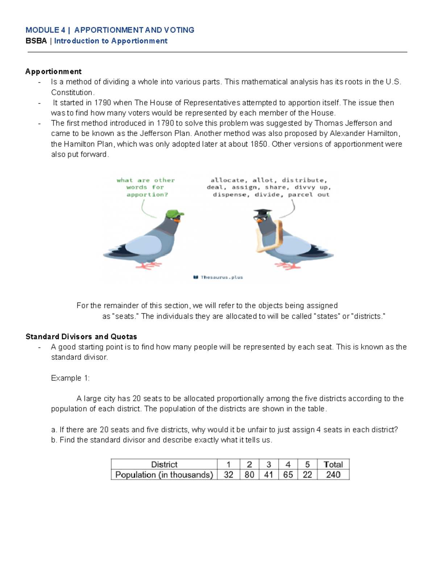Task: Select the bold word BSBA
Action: coord(36,41)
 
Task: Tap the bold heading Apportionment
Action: coord(53,71)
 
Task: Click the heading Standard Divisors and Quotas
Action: coord(81,337)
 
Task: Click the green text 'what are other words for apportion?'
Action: coord(146,187)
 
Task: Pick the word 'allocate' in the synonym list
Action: coord(227,180)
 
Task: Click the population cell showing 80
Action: coord(249,474)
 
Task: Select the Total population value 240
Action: coord(333,474)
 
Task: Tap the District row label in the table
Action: coord(164,464)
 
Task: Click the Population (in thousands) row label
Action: coord(164,474)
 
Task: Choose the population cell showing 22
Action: coord(307,474)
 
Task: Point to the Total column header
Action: coord(333,464)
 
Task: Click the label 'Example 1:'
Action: coord(70,378)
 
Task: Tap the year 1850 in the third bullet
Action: coord(259,144)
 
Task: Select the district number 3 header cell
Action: coord(269,464)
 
